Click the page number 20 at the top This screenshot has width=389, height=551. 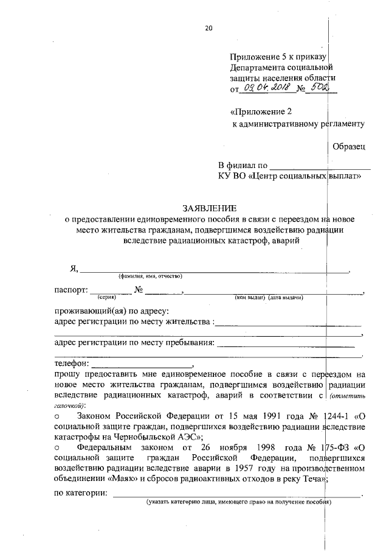click(x=209, y=27)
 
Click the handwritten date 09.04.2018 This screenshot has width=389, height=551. click(x=266, y=89)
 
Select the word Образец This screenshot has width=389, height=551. click(x=349, y=147)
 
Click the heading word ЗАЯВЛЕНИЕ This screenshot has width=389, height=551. click(x=207, y=207)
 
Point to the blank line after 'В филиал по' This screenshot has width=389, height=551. click(x=320, y=166)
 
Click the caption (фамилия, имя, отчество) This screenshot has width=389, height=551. click(x=151, y=276)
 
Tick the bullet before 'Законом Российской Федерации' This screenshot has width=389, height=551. click(x=57, y=417)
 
